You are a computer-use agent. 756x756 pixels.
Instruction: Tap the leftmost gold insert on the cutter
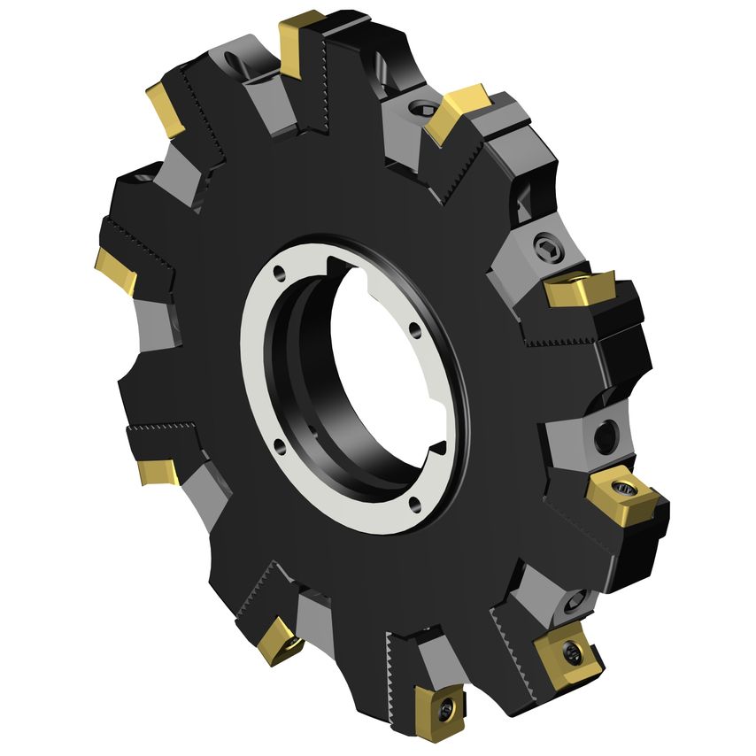coord(116,271)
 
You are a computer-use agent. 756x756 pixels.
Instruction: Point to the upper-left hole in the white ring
coord(281,272)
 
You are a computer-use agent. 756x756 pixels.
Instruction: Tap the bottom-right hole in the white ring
coord(416,505)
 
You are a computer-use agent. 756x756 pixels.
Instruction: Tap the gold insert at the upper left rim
coord(166,108)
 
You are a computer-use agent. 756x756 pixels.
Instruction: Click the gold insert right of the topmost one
coord(458,111)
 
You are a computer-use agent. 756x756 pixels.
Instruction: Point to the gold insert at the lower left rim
coord(160,470)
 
